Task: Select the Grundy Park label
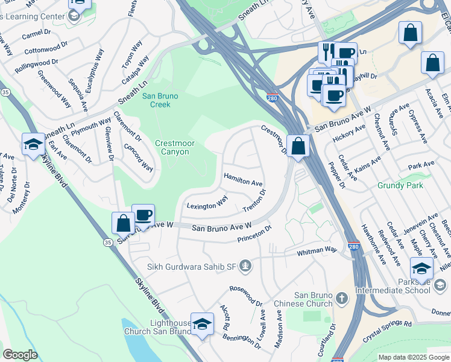[x=397, y=186]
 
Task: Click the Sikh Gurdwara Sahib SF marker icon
[x=245, y=265]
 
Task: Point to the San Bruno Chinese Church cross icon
[x=341, y=298]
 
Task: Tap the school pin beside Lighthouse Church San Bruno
[x=202, y=324]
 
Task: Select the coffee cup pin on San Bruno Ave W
[x=143, y=215]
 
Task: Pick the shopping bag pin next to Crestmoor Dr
[x=298, y=145]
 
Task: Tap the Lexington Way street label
[x=207, y=206]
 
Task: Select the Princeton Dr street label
[x=254, y=233]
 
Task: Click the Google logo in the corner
[x=20, y=355]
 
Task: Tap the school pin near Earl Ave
[x=33, y=144]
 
